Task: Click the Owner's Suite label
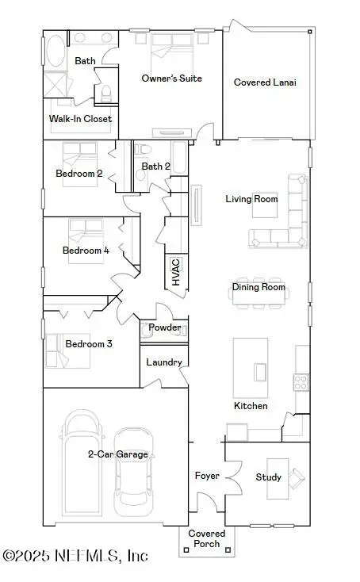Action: (x=171, y=78)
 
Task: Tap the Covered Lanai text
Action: (x=265, y=82)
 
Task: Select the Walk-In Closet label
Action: (x=81, y=119)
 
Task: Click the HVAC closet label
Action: (x=176, y=272)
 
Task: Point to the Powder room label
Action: (x=165, y=328)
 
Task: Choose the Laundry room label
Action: (x=165, y=362)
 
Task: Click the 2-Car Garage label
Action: (x=117, y=454)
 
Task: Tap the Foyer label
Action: (x=207, y=476)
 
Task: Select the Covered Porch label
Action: (x=206, y=538)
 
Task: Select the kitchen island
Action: (x=259, y=371)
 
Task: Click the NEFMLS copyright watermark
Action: (x=75, y=556)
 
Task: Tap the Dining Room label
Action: (x=259, y=288)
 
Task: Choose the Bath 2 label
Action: (x=155, y=167)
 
